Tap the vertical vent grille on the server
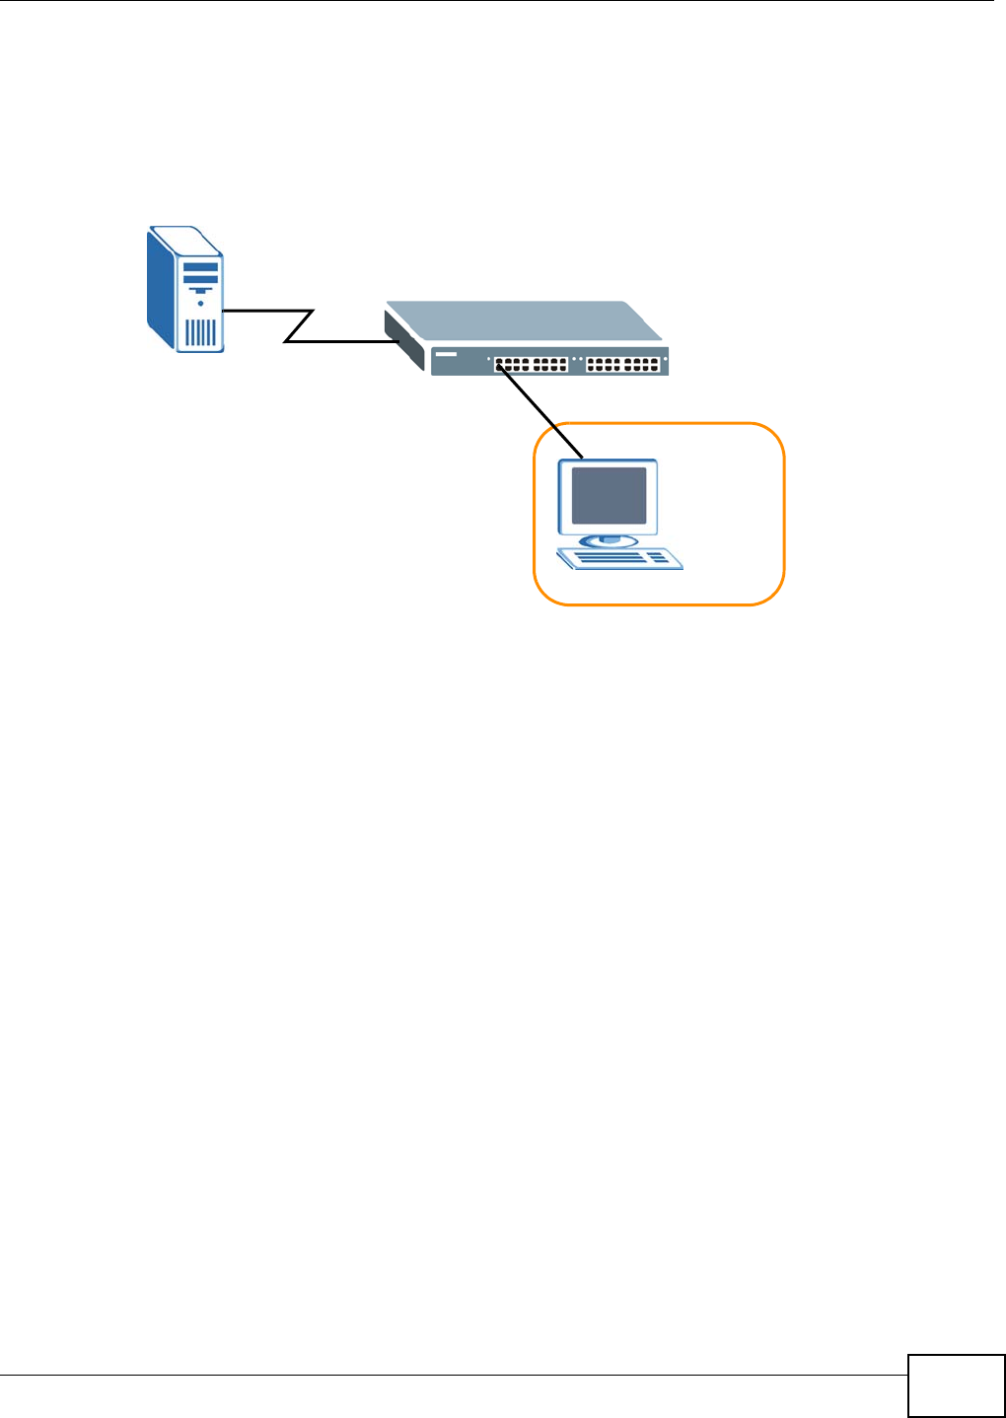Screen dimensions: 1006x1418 (x=200, y=332)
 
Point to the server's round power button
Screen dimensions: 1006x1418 (x=200, y=304)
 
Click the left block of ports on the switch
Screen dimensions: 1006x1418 (x=531, y=364)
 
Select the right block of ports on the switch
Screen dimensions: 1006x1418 (x=623, y=364)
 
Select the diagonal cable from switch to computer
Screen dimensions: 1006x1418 (x=542, y=411)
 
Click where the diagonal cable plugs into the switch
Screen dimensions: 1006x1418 (x=501, y=366)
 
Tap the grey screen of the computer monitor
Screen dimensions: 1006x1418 (x=609, y=495)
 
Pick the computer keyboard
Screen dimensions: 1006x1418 (x=619, y=559)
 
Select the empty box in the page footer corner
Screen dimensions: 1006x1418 (x=956, y=1385)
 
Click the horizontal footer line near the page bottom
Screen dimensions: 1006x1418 (x=454, y=1376)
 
